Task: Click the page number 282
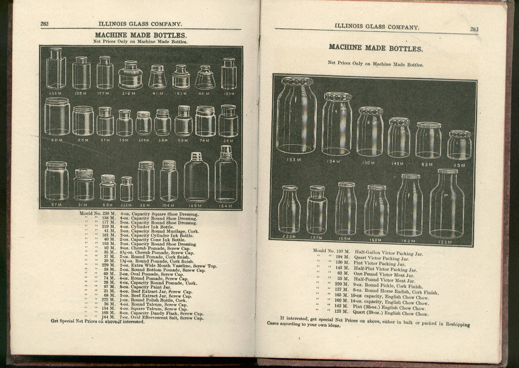click(44, 24)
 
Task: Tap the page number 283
click(474, 29)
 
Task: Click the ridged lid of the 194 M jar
click(338, 96)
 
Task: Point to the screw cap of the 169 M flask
click(196, 157)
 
